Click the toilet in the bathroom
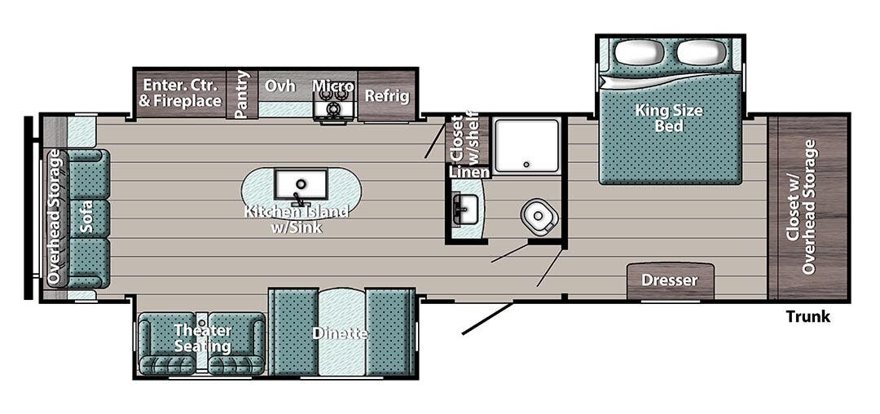pos(539,216)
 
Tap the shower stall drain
pos(526,165)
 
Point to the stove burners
pos(332,108)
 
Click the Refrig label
pos(386,95)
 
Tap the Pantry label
pos(242,95)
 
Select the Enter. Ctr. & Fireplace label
pos(180,93)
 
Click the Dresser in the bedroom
pos(670,280)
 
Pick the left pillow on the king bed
pos(639,53)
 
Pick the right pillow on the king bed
pos(702,53)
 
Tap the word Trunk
pos(807,316)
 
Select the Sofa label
pos(87,217)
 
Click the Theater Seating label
pos(202,338)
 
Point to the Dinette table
pos(341,333)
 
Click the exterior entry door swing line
pos(486,319)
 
